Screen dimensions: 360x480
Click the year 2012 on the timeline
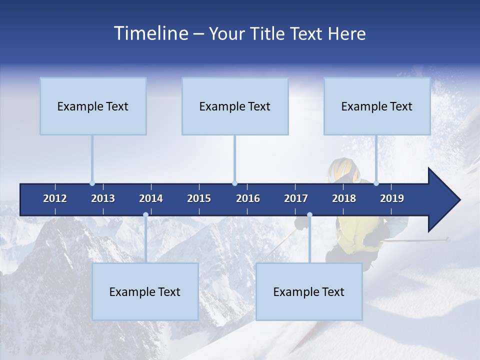coord(55,198)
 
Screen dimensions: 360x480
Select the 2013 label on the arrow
coord(103,198)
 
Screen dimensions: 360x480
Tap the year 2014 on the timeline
coord(151,198)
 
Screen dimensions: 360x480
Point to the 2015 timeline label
coord(199,198)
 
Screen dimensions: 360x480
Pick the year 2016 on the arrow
coord(248,198)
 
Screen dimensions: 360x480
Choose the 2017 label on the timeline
coord(296,198)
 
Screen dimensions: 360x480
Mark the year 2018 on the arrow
coord(344,198)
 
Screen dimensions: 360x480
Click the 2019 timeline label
coord(392,198)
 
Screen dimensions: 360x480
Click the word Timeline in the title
coord(150,33)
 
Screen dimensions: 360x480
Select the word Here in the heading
coord(346,33)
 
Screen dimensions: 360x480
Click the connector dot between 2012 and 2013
coord(92,183)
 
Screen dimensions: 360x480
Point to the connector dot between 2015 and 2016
coord(234,183)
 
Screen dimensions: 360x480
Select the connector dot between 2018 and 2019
coord(376,183)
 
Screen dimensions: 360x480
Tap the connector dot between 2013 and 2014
coord(145,215)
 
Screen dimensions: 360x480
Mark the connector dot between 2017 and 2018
coord(309,215)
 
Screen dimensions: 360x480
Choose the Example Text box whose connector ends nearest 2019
coord(377,106)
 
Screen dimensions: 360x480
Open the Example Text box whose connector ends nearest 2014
coord(145,291)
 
